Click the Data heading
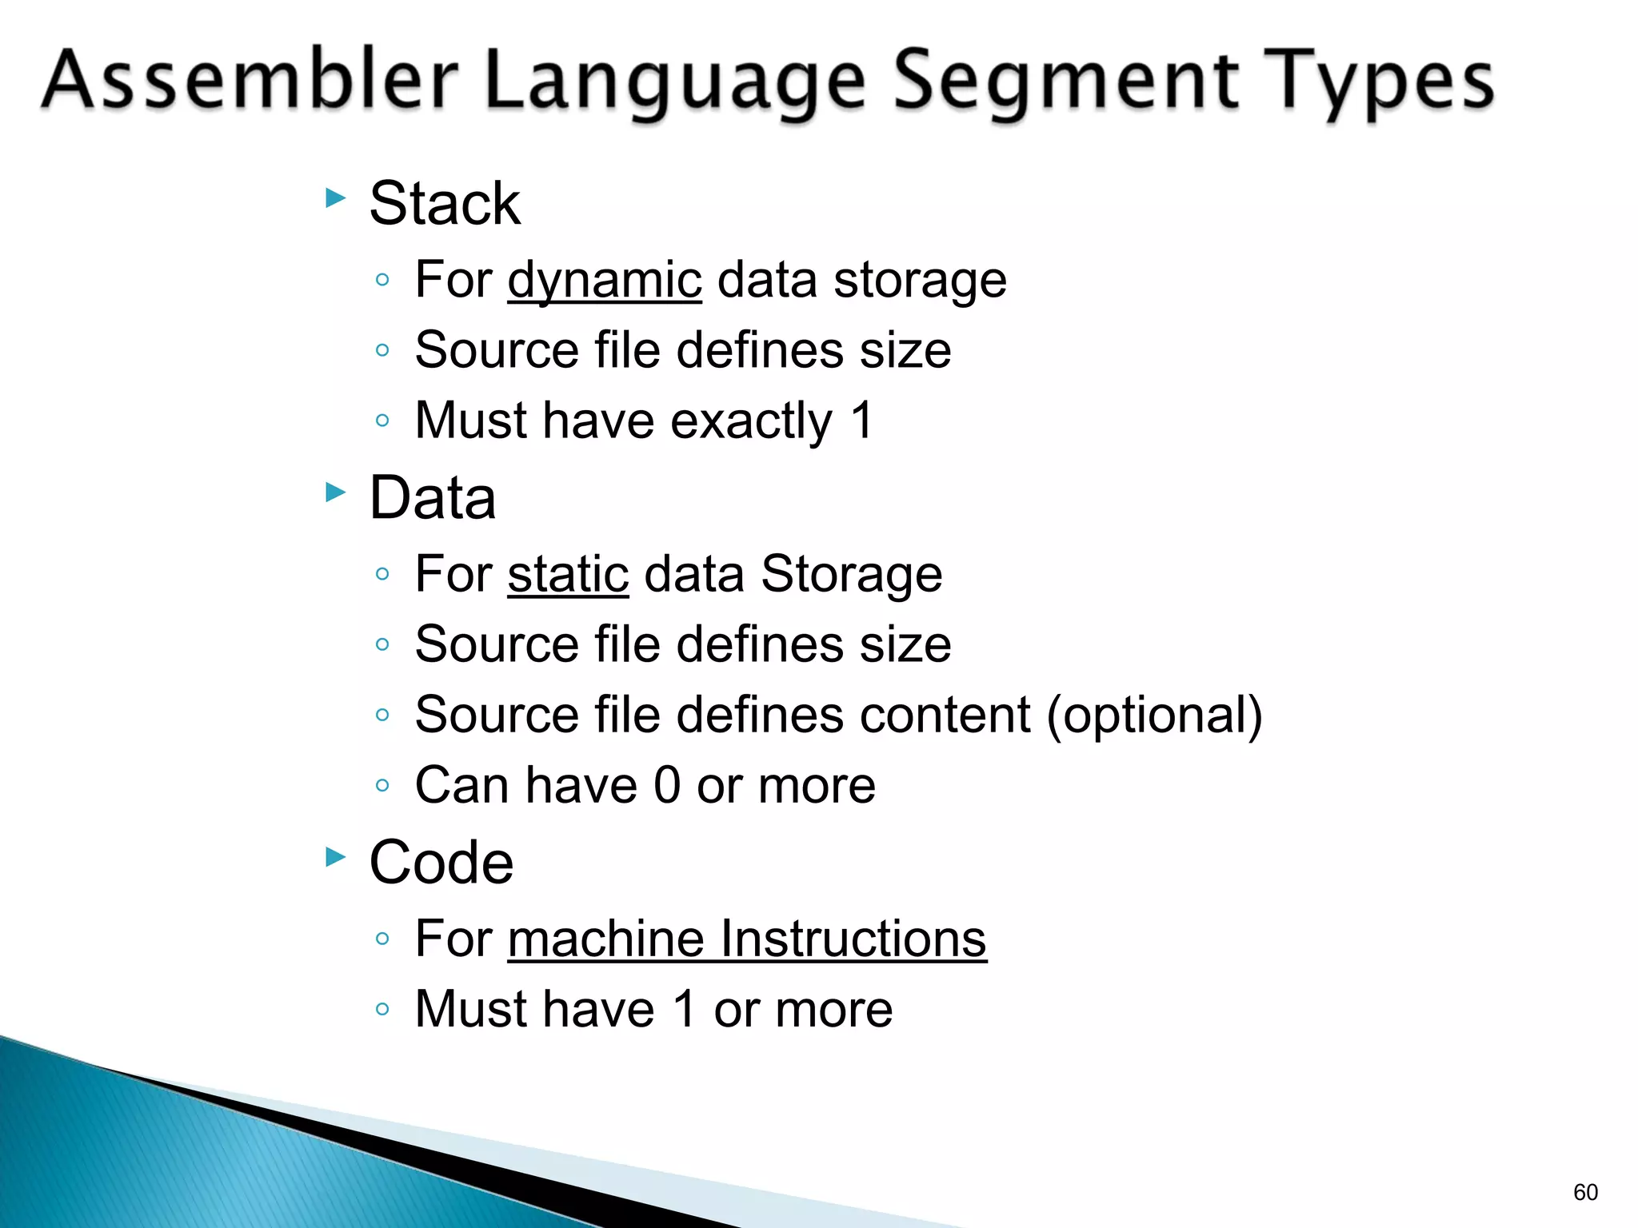pyautogui.click(x=433, y=497)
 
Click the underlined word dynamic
pyautogui.click(x=605, y=281)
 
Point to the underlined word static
pyautogui.click(x=568, y=574)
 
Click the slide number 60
pyautogui.click(x=1584, y=1192)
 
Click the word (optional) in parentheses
pyautogui.click(x=1154, y=714)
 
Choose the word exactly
pyautogui.click(x=751, y=421)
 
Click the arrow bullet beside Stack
pyautogui.click(x=336, y=197)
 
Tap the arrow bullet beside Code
pyautogui.click(x=336, y=858)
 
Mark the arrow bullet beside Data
pyautogui.click(x=336, y=492)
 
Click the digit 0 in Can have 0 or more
pyautogui.click(x=667, y=785)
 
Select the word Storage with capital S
pyautogui.click(x=851, y=574)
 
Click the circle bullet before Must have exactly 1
pyautogui.click(x=382, y=421)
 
